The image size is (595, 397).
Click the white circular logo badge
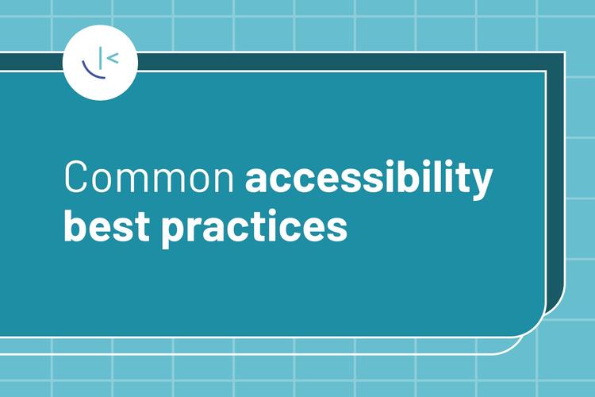point(100,63)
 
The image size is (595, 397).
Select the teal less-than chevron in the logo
point(113,56)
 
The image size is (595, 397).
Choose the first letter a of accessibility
point(257,180)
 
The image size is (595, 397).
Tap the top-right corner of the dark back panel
point(562,55)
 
